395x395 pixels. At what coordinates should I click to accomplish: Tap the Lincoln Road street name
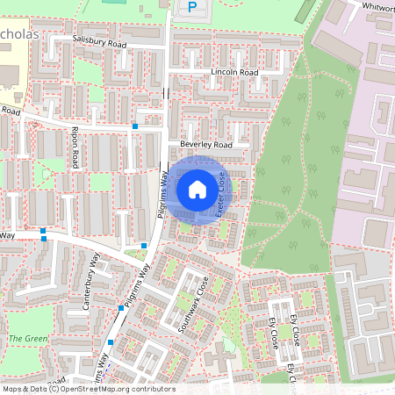tap(234, 72)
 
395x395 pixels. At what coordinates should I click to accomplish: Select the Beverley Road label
tap(205, 143)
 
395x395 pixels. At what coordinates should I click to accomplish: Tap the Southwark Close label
tap(192, 303)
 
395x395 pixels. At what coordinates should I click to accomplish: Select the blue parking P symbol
tap(191, 8)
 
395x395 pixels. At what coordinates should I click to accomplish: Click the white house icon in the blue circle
tap(197, 190)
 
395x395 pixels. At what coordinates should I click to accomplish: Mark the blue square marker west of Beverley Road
tap(135, 126)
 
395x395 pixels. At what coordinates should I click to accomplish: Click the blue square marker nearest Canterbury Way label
tap(121, 308)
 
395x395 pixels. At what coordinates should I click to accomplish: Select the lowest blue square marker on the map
tap(111, 341)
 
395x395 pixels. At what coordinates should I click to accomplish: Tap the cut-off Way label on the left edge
tap(8, 235)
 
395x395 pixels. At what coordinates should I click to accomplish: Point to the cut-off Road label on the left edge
tap(10, 111)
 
